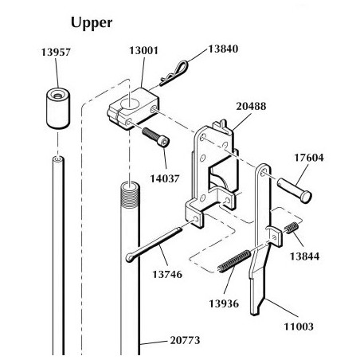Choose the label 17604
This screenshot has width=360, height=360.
[311, 157]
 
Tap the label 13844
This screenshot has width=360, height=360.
[305, 257]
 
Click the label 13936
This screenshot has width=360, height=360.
[226, 302]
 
